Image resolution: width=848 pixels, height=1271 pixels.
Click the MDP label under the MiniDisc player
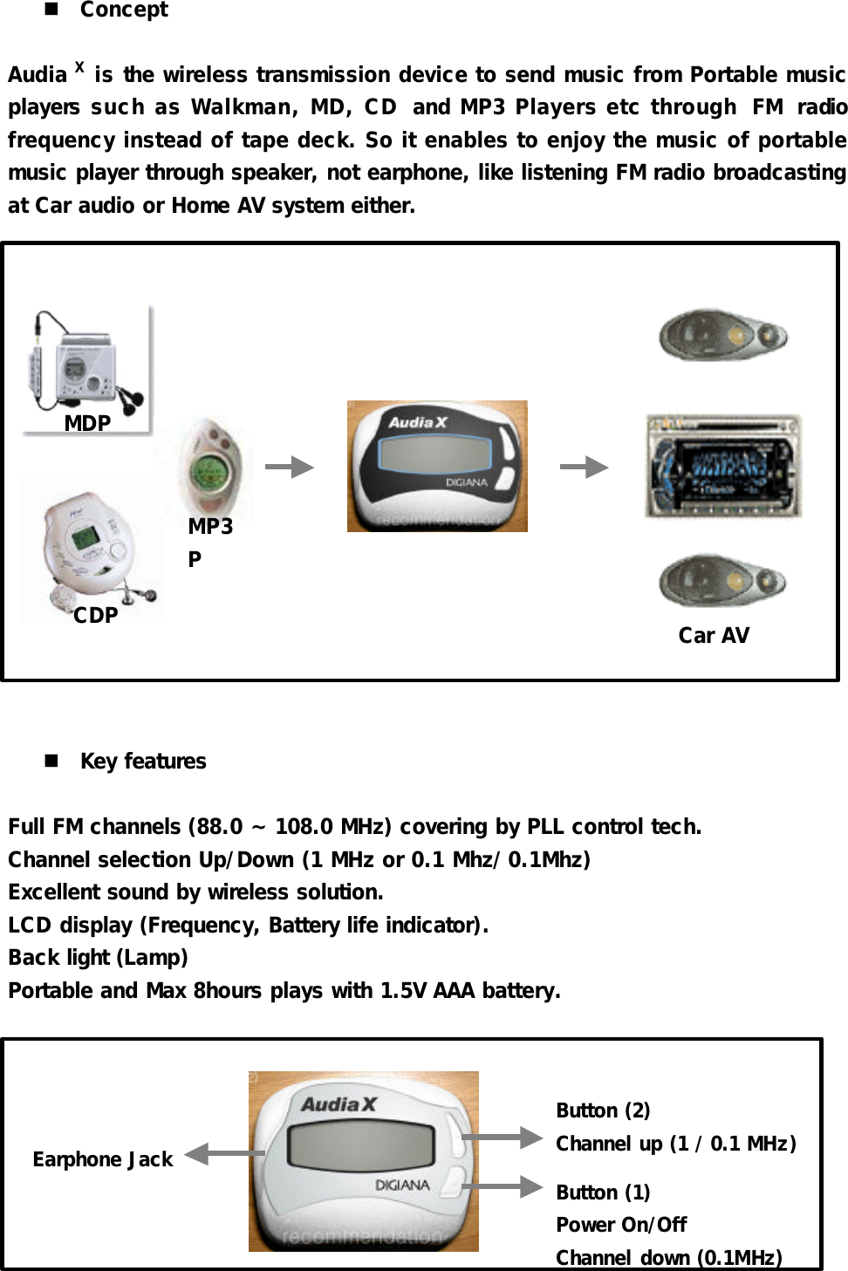(x=87, y=423)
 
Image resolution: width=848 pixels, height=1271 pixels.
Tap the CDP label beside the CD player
(x=95, y=615)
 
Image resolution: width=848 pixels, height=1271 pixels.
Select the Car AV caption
(x=714, y=635)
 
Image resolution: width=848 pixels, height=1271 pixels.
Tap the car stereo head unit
(x=722, y=466)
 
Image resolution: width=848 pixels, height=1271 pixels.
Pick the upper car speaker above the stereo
(x=722, y=335)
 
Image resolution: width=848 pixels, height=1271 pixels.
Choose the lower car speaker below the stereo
(x=722, y=580)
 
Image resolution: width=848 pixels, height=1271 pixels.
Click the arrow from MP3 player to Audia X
(x=290, y=467)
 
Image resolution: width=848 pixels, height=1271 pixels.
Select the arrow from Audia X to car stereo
(x=584, y=467)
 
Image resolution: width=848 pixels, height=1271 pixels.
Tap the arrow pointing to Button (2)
(x=503, y=1137)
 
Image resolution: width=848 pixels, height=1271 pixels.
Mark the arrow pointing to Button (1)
(x=503, y=1186)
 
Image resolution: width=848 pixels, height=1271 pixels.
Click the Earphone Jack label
(x=103, y=1159)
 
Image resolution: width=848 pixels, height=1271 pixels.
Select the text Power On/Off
(x=621, y=1225)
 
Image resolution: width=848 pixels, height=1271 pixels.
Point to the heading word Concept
(x=124, y=10)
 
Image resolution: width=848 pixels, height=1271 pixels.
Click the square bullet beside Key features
(x=51, y=761)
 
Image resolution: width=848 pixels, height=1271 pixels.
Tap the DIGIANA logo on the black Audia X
(x=467, y=482)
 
